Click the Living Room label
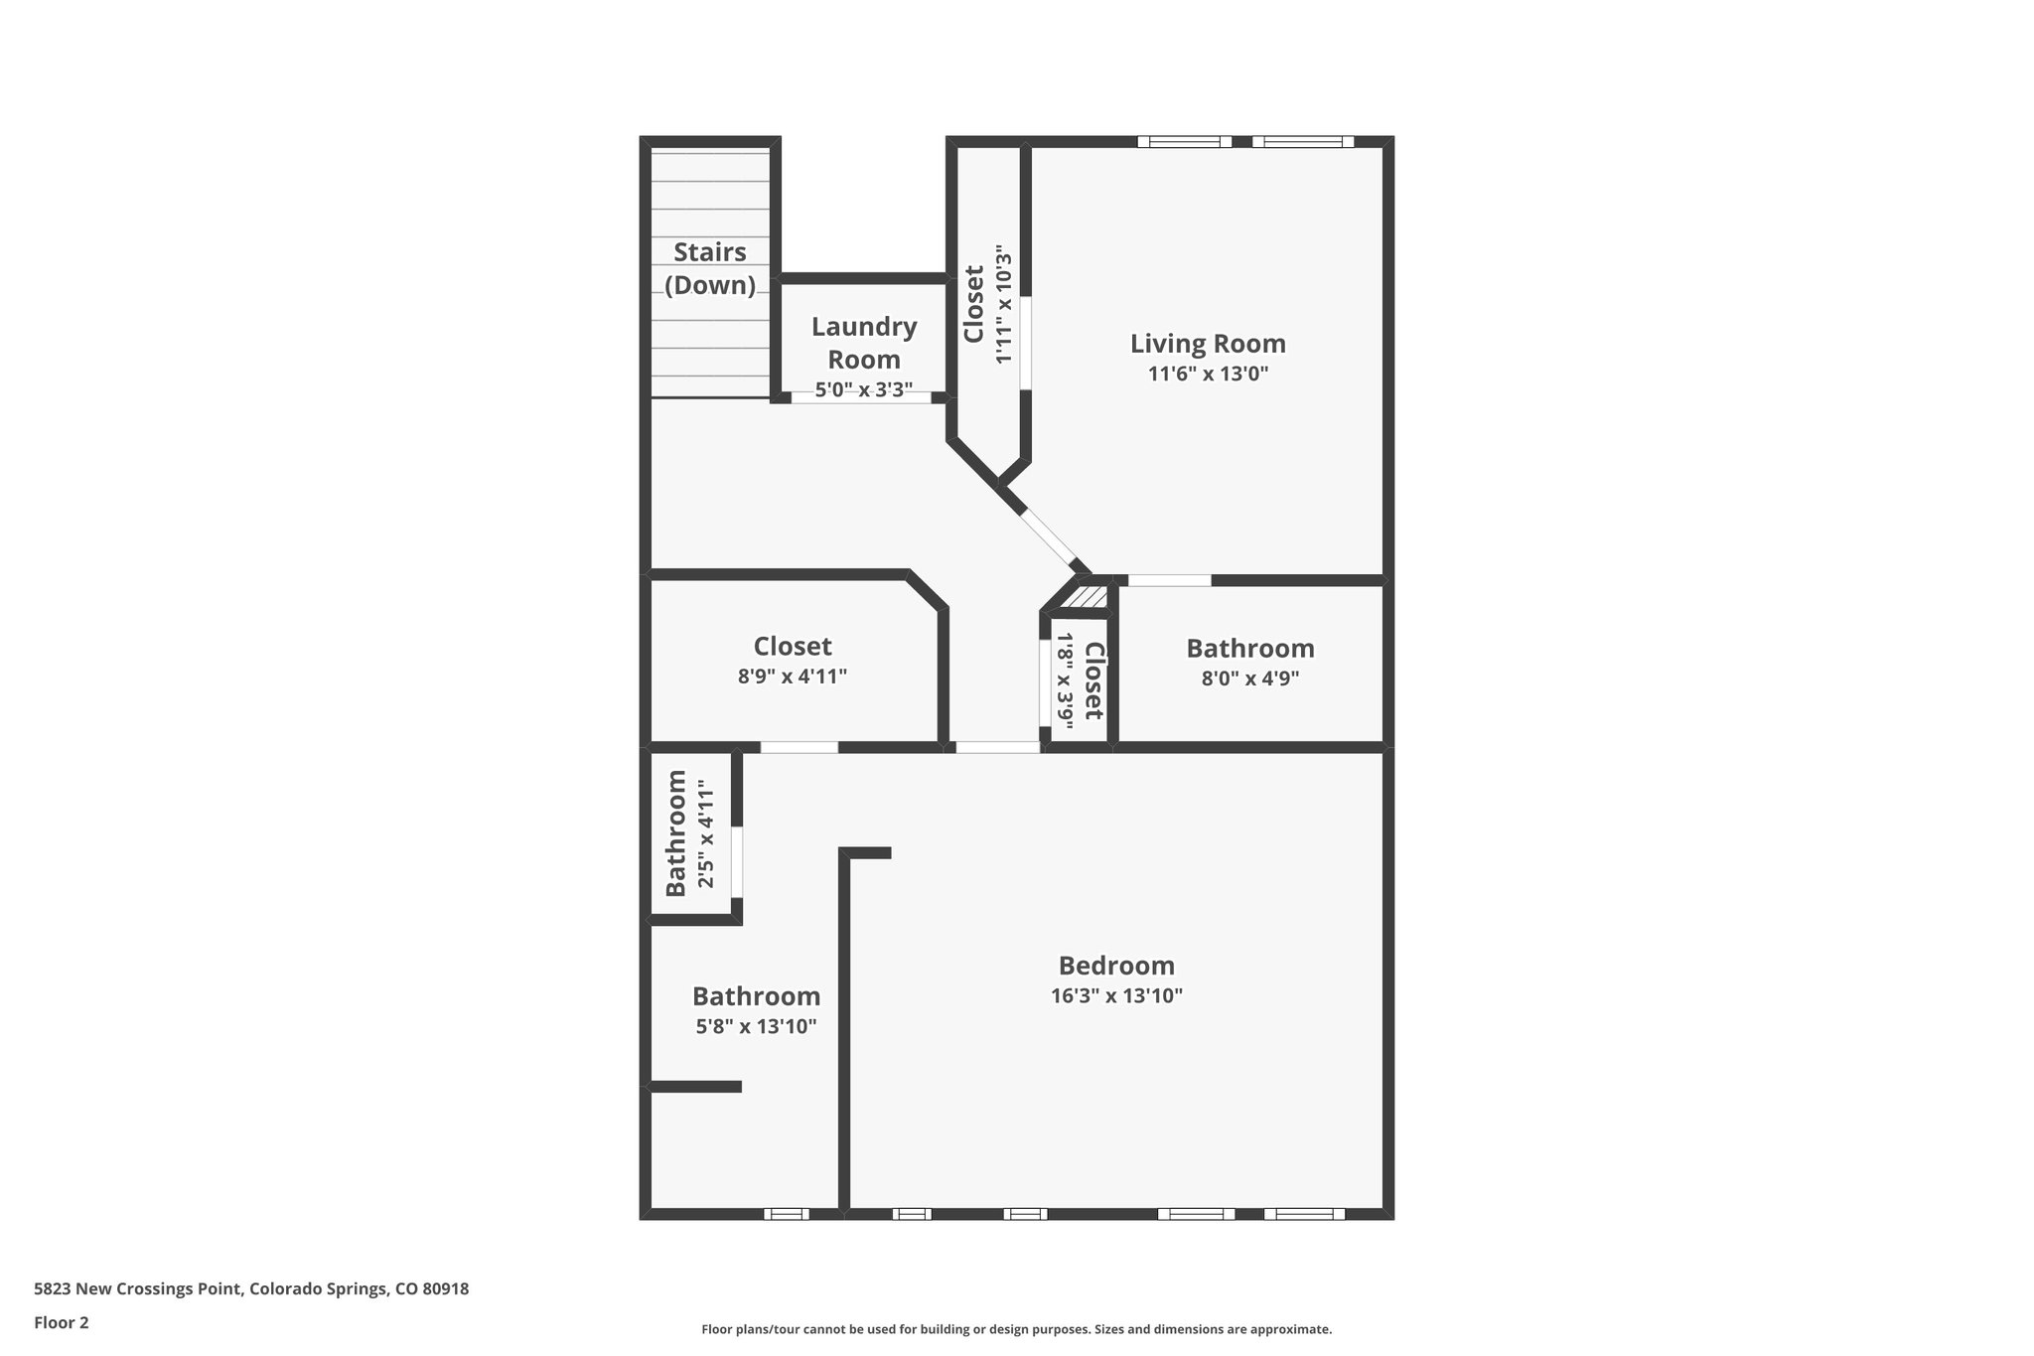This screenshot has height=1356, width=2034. (x=1208, y=344)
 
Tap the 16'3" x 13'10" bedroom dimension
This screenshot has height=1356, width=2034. (x=1116, y=996)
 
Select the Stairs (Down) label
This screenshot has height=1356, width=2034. (x=709, y=268)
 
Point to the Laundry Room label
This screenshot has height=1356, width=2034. (x=864, y=342)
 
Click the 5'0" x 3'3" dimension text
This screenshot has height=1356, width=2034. (x=864, y=390)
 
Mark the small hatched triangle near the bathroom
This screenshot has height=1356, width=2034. (x=1090, y=597)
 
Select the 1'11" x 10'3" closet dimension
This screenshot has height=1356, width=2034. (x=1004, y=304)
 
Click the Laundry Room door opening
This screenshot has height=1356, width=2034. (x=861, y=398)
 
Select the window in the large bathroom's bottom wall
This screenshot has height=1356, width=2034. (x=787, y=1213)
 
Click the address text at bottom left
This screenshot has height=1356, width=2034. (x=251, y=1289)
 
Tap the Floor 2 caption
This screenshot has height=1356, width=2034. (x=62, y=1323)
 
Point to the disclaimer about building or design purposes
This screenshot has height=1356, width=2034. (x=1016, y=1329)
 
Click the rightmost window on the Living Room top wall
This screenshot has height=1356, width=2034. (x=1302, y=142)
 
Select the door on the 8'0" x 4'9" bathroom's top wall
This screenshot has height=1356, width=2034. (x=1170, y=580)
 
